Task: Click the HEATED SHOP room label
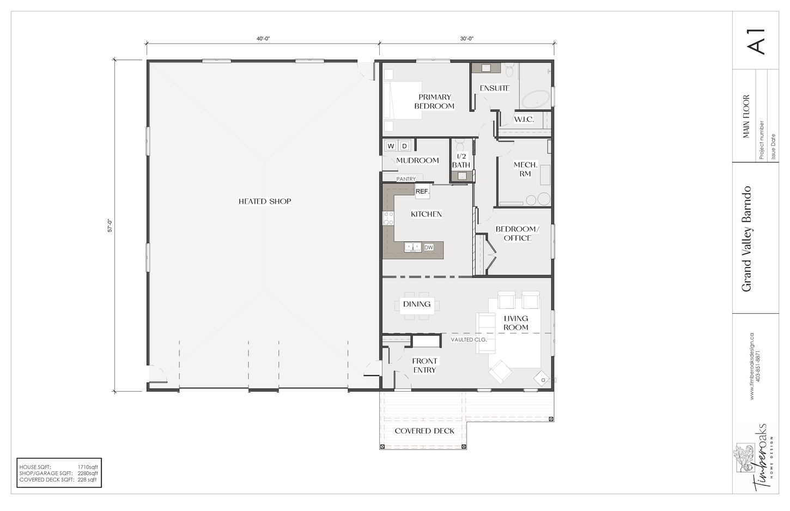tap(264, 202)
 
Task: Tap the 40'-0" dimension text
tap(263, 39)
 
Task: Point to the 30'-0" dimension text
tap(466, 39)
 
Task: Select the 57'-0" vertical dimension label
tap(110, 226)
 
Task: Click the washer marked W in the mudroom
tap(391, 146)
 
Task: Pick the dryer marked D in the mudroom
tap(404, 146)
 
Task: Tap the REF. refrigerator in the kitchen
tap(422, 192)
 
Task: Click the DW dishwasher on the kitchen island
tap(428, 247)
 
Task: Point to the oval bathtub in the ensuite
tap(536, 100)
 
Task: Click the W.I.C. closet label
tap(524, 119)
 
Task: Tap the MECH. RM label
tap(526, 169)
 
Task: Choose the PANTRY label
tap(406, 179)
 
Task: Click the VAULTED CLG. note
tap(469, 339)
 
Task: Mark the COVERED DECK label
tap(424, 431)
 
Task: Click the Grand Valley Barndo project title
tap(746, 239)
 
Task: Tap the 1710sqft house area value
tap(88, 467)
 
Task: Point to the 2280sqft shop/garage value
tap(88, 473)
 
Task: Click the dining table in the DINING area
tap(417, 306)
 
